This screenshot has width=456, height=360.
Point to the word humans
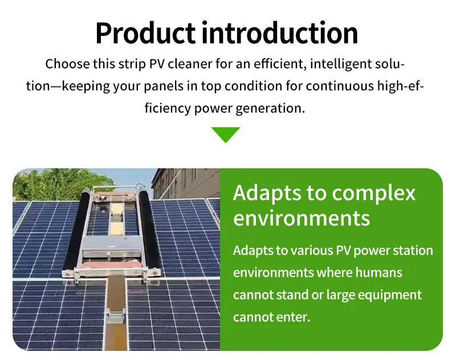(x=379, y=273)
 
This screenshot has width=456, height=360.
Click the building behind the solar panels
(x=188, y=183)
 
